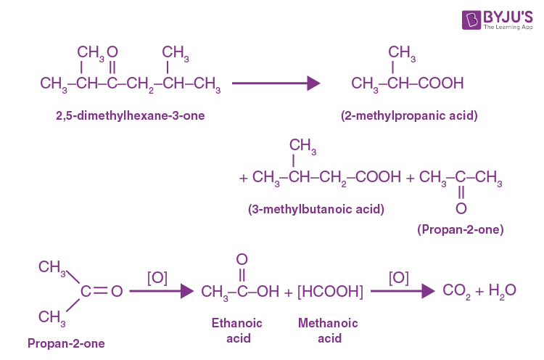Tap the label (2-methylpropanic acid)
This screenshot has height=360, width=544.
408,115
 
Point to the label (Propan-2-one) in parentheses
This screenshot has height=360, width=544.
461,229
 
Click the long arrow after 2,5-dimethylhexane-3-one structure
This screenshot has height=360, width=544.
276,83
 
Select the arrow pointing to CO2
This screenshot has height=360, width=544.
397,291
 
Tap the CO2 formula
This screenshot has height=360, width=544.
458,291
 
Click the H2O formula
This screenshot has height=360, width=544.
502,291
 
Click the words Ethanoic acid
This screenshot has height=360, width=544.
236,330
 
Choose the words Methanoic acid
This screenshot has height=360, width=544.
328,330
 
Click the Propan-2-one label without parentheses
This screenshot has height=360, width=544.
66,343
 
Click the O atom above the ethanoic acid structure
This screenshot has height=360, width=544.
242,259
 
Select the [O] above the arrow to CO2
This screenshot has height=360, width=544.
398,277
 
